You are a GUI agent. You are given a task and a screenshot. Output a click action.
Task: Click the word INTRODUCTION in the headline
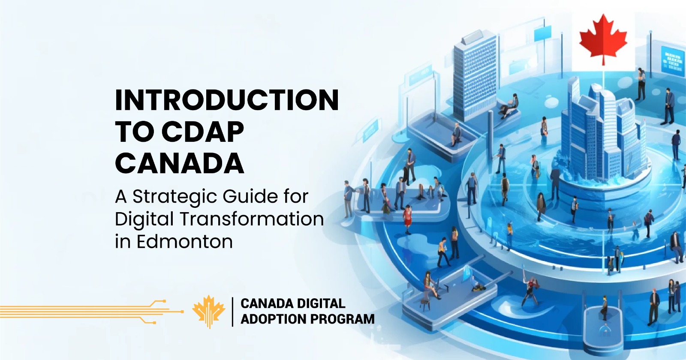click(x=227, y=100)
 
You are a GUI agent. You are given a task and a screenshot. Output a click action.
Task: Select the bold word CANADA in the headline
click(x=180, y=164)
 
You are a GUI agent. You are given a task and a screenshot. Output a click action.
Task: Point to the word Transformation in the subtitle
click(x=252, y=219)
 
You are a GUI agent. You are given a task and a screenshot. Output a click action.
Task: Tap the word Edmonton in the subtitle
click(x=185, y=242)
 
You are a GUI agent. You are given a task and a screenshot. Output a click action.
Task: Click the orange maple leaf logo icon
click(x=209, y=312)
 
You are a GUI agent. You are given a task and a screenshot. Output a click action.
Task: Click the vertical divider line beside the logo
click(x=232, y=312)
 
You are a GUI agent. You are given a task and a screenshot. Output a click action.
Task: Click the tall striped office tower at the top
click(x=475, y=75)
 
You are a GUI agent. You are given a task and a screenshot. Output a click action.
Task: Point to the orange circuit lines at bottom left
click(x=86, y=311)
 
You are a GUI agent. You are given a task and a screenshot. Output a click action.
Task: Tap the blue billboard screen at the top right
click(x=672, y=60)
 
